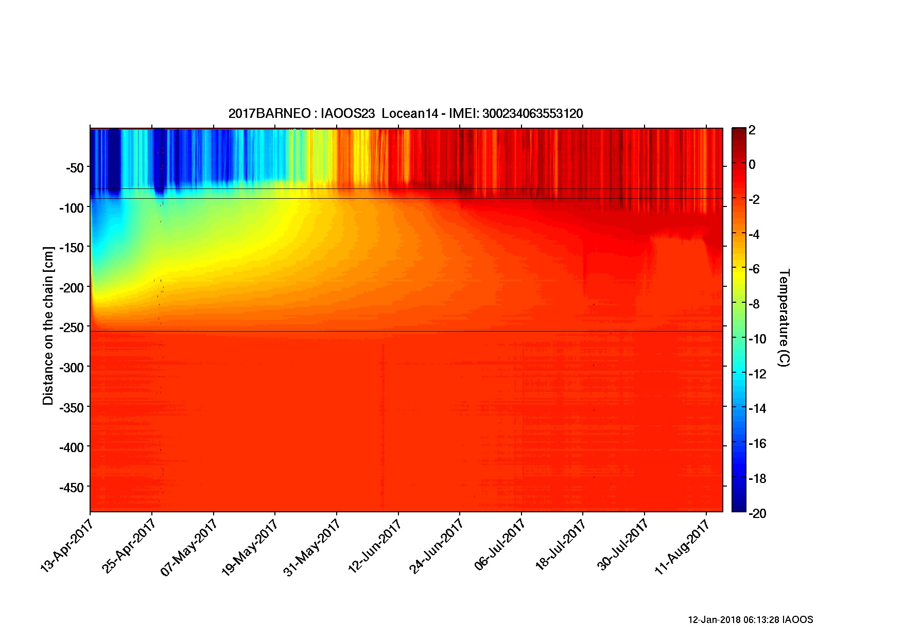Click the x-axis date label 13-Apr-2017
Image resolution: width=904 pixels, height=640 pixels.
(65, 545)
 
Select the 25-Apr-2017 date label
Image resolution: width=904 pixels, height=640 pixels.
(128, 545)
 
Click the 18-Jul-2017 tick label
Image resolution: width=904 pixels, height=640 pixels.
(560, 545)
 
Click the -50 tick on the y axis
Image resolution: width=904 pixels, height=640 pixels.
(75, 167)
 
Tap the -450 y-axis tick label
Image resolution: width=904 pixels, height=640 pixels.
(72, 487)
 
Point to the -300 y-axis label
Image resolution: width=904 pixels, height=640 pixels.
(72, 367)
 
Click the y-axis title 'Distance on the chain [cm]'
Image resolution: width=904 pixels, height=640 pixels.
(48, 325)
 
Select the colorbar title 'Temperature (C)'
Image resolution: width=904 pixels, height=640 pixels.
(783, 318)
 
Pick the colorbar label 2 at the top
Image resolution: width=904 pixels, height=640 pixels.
(752, 130)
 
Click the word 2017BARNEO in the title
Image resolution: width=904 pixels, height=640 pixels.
(269, 114)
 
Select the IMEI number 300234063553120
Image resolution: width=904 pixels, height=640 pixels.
(532, 114)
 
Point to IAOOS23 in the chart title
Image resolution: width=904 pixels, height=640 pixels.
(347, 114)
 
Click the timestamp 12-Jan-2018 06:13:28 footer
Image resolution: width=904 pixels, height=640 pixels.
(750, 619)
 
